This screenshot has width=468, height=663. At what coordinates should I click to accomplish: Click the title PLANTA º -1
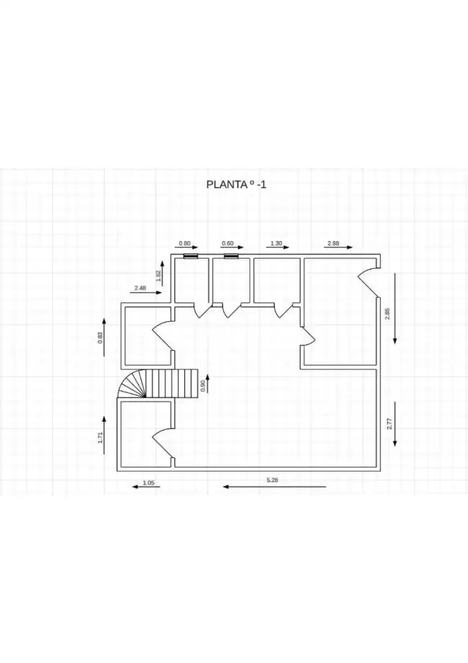pos(237,184)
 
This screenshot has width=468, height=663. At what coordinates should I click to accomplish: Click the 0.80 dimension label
pos(185,244)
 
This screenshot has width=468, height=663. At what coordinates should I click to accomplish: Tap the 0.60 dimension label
pos(228,244)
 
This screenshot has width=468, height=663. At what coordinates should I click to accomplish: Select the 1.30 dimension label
pos(276,244)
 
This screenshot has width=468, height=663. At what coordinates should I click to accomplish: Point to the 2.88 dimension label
pos(333,244)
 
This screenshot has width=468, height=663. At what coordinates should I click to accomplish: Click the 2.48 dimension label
pos(140,288)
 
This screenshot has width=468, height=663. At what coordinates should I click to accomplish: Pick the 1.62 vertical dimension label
pos(158,276)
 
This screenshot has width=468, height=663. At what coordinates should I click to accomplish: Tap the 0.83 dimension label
pos(100,338)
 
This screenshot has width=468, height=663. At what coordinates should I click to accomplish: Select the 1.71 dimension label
pos(100,437)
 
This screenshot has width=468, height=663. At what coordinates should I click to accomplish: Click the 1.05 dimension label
pos(148,483)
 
